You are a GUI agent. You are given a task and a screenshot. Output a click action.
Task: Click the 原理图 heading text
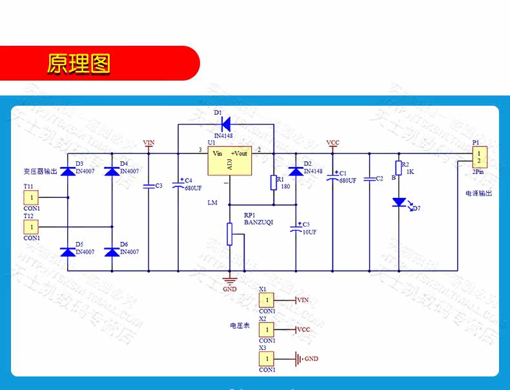79,63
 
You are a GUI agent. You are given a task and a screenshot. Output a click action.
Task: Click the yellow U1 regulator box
229,161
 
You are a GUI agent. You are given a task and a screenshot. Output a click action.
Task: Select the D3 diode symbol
68,171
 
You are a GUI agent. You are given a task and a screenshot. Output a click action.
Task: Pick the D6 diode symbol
112,252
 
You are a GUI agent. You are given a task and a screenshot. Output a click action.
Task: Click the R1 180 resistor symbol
274,183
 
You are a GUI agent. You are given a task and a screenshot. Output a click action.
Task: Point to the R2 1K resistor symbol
398,168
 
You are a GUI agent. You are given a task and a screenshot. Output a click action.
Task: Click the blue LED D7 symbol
398,202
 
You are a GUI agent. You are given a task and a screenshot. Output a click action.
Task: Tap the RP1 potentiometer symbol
229,234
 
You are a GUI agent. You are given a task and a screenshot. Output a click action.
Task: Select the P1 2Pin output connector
479,156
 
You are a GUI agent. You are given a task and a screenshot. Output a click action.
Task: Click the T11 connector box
32,197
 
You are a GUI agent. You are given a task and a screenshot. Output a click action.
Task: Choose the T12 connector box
32,227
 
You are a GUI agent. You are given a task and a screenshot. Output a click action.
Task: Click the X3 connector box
266,358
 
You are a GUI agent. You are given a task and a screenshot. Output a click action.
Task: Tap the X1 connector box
266,300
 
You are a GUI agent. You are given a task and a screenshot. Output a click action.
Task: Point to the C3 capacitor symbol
148,186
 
